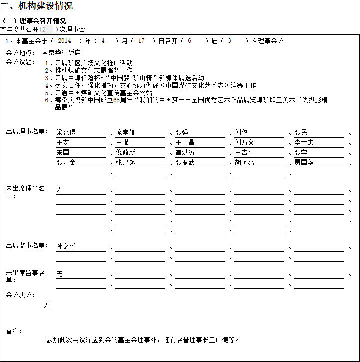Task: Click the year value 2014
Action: point(65,41)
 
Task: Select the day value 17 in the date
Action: point(141,41)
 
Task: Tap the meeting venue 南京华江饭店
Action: point(61,52)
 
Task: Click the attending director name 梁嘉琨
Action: point(66,133)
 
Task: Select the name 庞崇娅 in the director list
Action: point(125,133)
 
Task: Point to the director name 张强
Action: point(182,133)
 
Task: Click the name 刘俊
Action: point(241,133)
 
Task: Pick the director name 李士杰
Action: point(304,143)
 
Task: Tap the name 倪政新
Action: point(125,153)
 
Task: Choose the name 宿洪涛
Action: point(185,153)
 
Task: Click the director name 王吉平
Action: point(244,153)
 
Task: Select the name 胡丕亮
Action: point(244,163)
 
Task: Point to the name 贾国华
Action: point(304,163)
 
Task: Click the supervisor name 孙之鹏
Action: point(66,247)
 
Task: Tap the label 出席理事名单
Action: point(27,132)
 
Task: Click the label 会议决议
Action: point(21,295)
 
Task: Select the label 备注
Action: point(14,331)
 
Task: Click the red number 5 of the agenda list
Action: point(47,93)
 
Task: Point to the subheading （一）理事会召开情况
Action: point(34,21)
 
